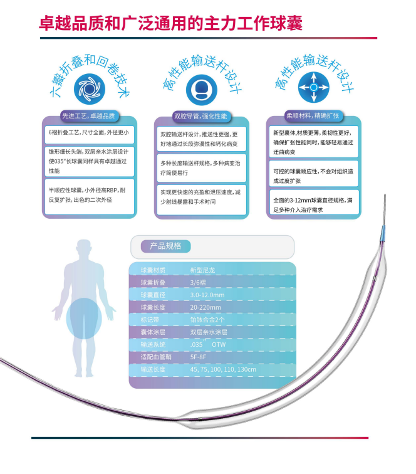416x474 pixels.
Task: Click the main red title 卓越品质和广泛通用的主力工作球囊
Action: (171, 23)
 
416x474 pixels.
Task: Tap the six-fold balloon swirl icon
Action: (90, 90)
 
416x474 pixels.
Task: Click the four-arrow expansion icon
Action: (313, 88)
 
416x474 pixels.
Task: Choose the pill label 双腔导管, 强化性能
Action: (200, 117)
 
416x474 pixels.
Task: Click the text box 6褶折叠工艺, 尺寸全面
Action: (90, 133)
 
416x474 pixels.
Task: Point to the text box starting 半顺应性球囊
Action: (90, 196)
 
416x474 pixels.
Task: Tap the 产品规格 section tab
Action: (161, 246)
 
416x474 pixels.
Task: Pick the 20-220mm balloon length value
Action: (205, 308)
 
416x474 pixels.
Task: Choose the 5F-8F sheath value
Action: (198, 357)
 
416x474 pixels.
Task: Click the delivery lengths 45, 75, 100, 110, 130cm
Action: (223, 369)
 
